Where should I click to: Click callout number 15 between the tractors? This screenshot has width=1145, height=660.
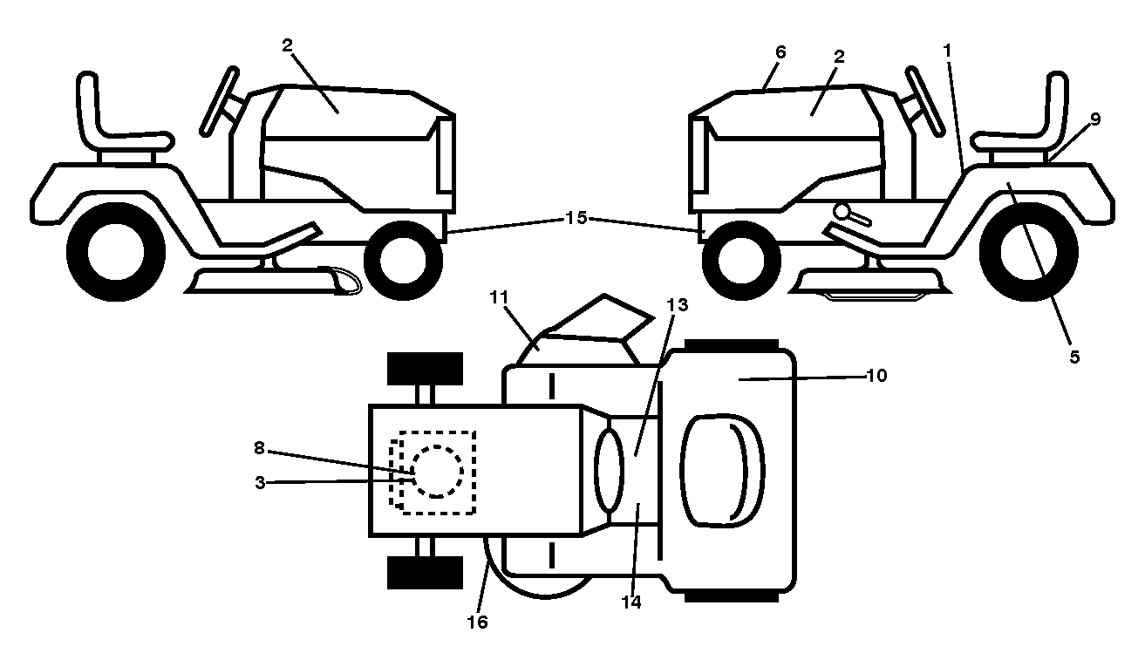point(576,218)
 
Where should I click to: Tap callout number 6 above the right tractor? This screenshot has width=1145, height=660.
point(780,52)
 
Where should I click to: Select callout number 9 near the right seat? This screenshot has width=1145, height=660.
point(1095,119)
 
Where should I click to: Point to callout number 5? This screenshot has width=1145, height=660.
point(1074,357)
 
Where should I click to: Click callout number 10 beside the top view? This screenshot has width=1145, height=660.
point(876,376)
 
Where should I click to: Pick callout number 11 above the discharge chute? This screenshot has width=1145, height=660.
point(499,297)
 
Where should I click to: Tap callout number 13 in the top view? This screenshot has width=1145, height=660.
point(678,305)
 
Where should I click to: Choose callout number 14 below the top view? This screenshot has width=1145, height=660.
point(631,602)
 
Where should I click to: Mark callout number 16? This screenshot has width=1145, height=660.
point(477,623)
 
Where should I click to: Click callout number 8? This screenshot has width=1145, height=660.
point(259,448)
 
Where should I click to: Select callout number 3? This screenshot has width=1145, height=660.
point(260,483)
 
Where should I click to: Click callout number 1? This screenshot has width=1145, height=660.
point(947,51)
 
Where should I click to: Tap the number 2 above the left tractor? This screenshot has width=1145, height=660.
point(287,45)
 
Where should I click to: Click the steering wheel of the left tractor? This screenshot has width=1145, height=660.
point(219,101)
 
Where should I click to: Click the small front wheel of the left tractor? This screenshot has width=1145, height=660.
point(403,261)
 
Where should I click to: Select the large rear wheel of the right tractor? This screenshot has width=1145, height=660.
point(1029,252)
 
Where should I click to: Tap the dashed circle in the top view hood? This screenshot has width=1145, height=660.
point(438,472)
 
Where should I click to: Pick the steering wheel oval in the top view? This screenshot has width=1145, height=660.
point(610,470)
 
